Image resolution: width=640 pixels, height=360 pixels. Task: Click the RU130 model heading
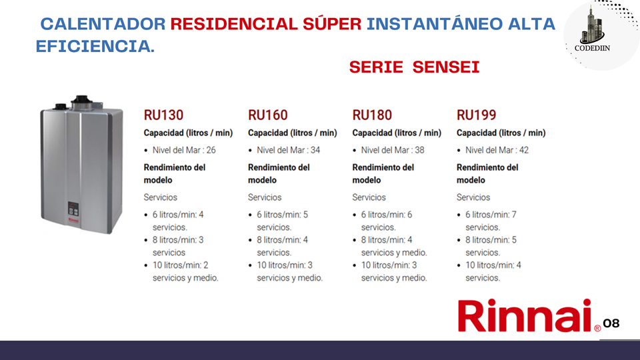(163, 115)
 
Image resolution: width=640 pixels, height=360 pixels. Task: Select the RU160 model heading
(268, 115)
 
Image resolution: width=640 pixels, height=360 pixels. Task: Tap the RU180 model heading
(372, 115)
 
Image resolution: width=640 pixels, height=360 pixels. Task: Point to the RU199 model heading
(476, 115)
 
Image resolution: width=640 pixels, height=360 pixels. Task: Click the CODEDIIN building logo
(592, 29)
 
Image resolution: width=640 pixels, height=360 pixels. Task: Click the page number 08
(611, 323)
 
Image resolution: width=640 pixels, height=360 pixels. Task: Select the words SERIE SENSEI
(414, 67)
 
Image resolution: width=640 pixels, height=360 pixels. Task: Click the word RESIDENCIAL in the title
(234, 24)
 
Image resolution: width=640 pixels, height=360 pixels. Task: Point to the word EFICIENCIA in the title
(95, 46)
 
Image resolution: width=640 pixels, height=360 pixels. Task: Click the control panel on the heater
(73, 209)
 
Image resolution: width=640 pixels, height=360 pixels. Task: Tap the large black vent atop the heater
(81, 101)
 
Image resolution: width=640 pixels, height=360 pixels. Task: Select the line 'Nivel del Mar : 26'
(184, 150)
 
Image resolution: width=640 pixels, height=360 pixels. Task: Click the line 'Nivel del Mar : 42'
(497, 150)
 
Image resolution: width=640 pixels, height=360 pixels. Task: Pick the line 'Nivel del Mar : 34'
(288, 150)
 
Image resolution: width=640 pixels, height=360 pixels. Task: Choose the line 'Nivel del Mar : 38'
(393, 150)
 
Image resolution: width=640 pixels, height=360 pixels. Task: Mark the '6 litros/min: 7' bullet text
(491, 215)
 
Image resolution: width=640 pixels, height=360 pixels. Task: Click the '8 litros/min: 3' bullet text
(178, 240)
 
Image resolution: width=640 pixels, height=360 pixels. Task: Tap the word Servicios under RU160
(265, 197)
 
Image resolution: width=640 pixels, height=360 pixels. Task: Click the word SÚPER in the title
(332, 24)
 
